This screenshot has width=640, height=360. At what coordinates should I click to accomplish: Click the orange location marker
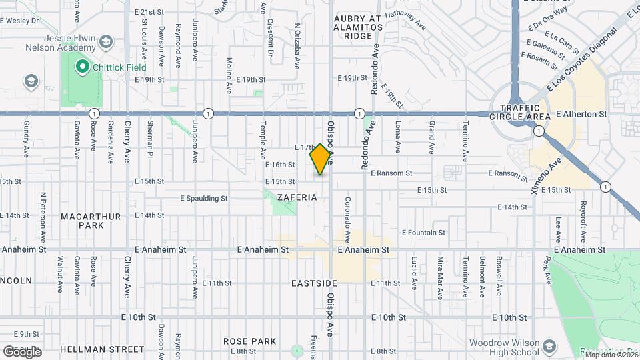click(x=321, y=159)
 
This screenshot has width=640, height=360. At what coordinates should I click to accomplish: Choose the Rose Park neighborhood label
click(x=250, y=341)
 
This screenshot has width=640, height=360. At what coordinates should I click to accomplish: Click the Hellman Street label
click(x=102, y=349)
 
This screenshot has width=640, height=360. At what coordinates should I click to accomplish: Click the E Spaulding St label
click(x=204, y=198)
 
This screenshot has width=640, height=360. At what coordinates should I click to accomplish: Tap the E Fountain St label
click(x=423, y=233)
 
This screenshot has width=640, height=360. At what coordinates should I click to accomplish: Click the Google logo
click(x=21, y=351)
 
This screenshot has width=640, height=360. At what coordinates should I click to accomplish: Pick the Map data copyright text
click(x=611, y=355)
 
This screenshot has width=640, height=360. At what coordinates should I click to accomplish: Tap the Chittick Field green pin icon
click(x=82, y=66)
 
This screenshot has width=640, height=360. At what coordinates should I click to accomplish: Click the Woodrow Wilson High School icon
click(x=549, y=347)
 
